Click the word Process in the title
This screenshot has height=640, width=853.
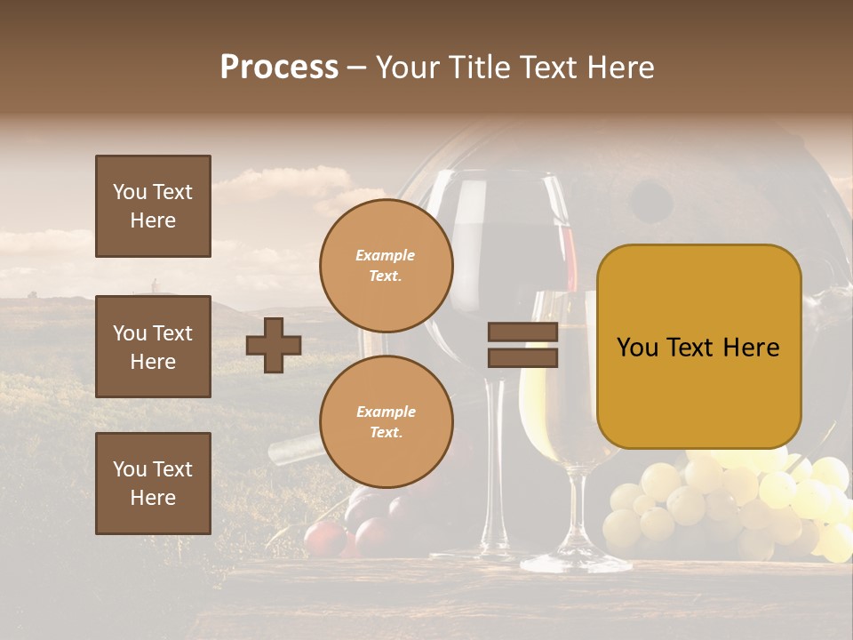(279, 68)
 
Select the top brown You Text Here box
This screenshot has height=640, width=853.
(153, 206)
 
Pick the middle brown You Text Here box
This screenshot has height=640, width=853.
(153, 347)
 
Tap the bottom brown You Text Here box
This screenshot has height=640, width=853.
(153, 483)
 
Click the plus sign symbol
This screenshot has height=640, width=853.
(274, 345)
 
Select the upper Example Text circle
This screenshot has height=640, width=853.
(386, 265)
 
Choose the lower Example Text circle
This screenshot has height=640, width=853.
(386, 421)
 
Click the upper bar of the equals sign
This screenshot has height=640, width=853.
(522, 332)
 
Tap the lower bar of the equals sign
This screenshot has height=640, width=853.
(522, 357)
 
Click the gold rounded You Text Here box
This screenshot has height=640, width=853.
(698, 347)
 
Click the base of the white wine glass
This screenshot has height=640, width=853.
(576, 561)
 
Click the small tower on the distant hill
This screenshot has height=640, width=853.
(155, 286)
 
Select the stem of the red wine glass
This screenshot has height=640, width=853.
(496, 462)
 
